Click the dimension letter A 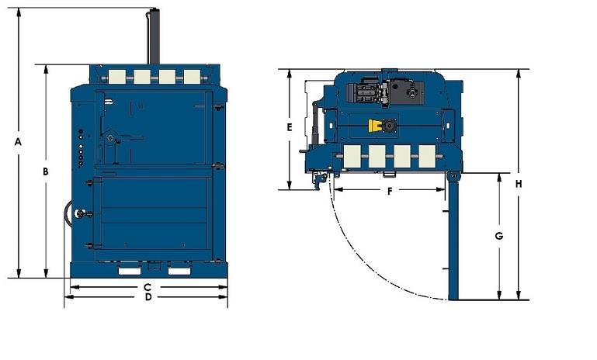tap(17, 142)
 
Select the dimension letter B tap(46, 171)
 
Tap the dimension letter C tap(147, 287)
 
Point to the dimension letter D tap(147, 297)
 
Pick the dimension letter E tap(289, 126)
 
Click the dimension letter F tap(390, 190)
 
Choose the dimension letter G tap(499, 235)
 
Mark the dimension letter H tap(518, 184)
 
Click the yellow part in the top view tap(379, 126)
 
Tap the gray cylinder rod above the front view tap(154, 36)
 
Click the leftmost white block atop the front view tap(117, 76)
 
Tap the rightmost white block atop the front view tap(192, 76)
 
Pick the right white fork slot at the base tap(179, 271)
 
